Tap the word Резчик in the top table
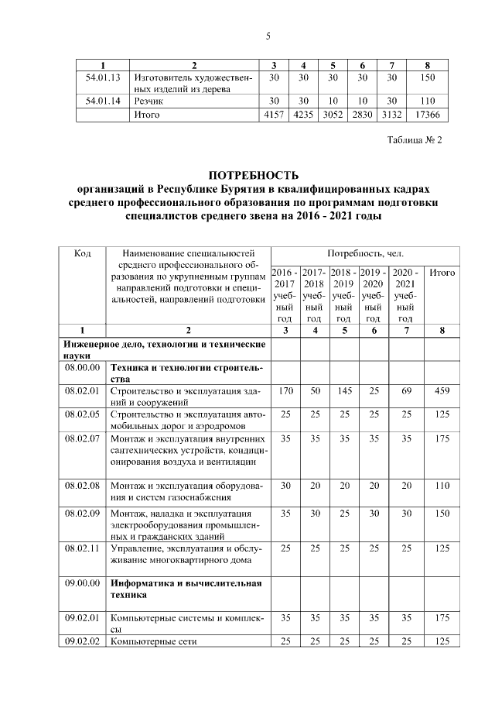148,101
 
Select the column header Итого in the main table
442,273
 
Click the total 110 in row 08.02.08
442,485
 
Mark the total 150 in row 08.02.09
442,512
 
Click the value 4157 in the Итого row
274,115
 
